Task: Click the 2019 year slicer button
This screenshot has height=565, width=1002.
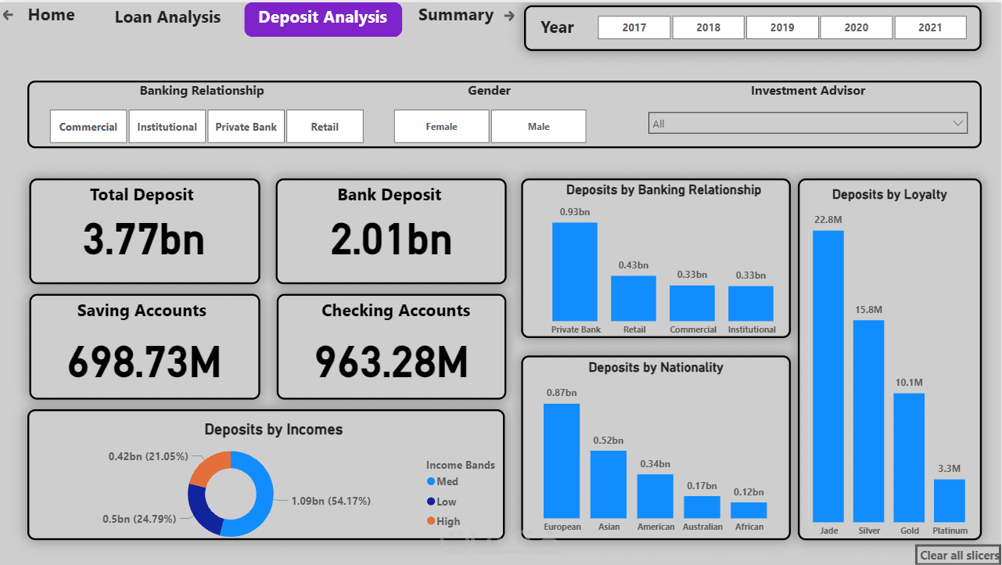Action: [x=782, y=27]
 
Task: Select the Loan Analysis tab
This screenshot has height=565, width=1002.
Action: [x=167, y=17]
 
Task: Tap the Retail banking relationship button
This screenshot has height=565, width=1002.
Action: [x=325, y=127]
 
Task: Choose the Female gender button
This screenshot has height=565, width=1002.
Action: [x=441, y=127]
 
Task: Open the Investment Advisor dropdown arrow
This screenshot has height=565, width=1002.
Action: [x=957, y=124]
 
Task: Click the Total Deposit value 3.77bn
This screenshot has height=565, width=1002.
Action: [x=144, y=239]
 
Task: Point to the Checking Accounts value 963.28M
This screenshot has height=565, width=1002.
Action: [x=392, y=362]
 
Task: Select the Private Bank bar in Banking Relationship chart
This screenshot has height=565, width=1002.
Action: [x=575, y=271]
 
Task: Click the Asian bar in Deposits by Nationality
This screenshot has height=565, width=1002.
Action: [x=609, y=484]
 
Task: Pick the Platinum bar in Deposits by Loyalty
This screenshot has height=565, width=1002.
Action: [x=950, y=501]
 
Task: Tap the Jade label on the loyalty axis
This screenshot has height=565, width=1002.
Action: [x=828, y=531]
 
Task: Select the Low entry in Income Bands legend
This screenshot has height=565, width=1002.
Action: [x=446, y=502]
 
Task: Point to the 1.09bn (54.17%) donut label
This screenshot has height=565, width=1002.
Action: [x=331, y=501]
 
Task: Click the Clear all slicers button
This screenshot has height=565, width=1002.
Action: [x=959, y=556]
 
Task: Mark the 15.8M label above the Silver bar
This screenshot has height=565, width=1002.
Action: [x=869, y=310]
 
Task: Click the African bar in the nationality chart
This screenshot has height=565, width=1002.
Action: [x=749, y=510]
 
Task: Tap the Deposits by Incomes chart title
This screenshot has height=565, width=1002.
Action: [x=273, y=430]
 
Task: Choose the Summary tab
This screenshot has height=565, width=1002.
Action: [x=455, y=16]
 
